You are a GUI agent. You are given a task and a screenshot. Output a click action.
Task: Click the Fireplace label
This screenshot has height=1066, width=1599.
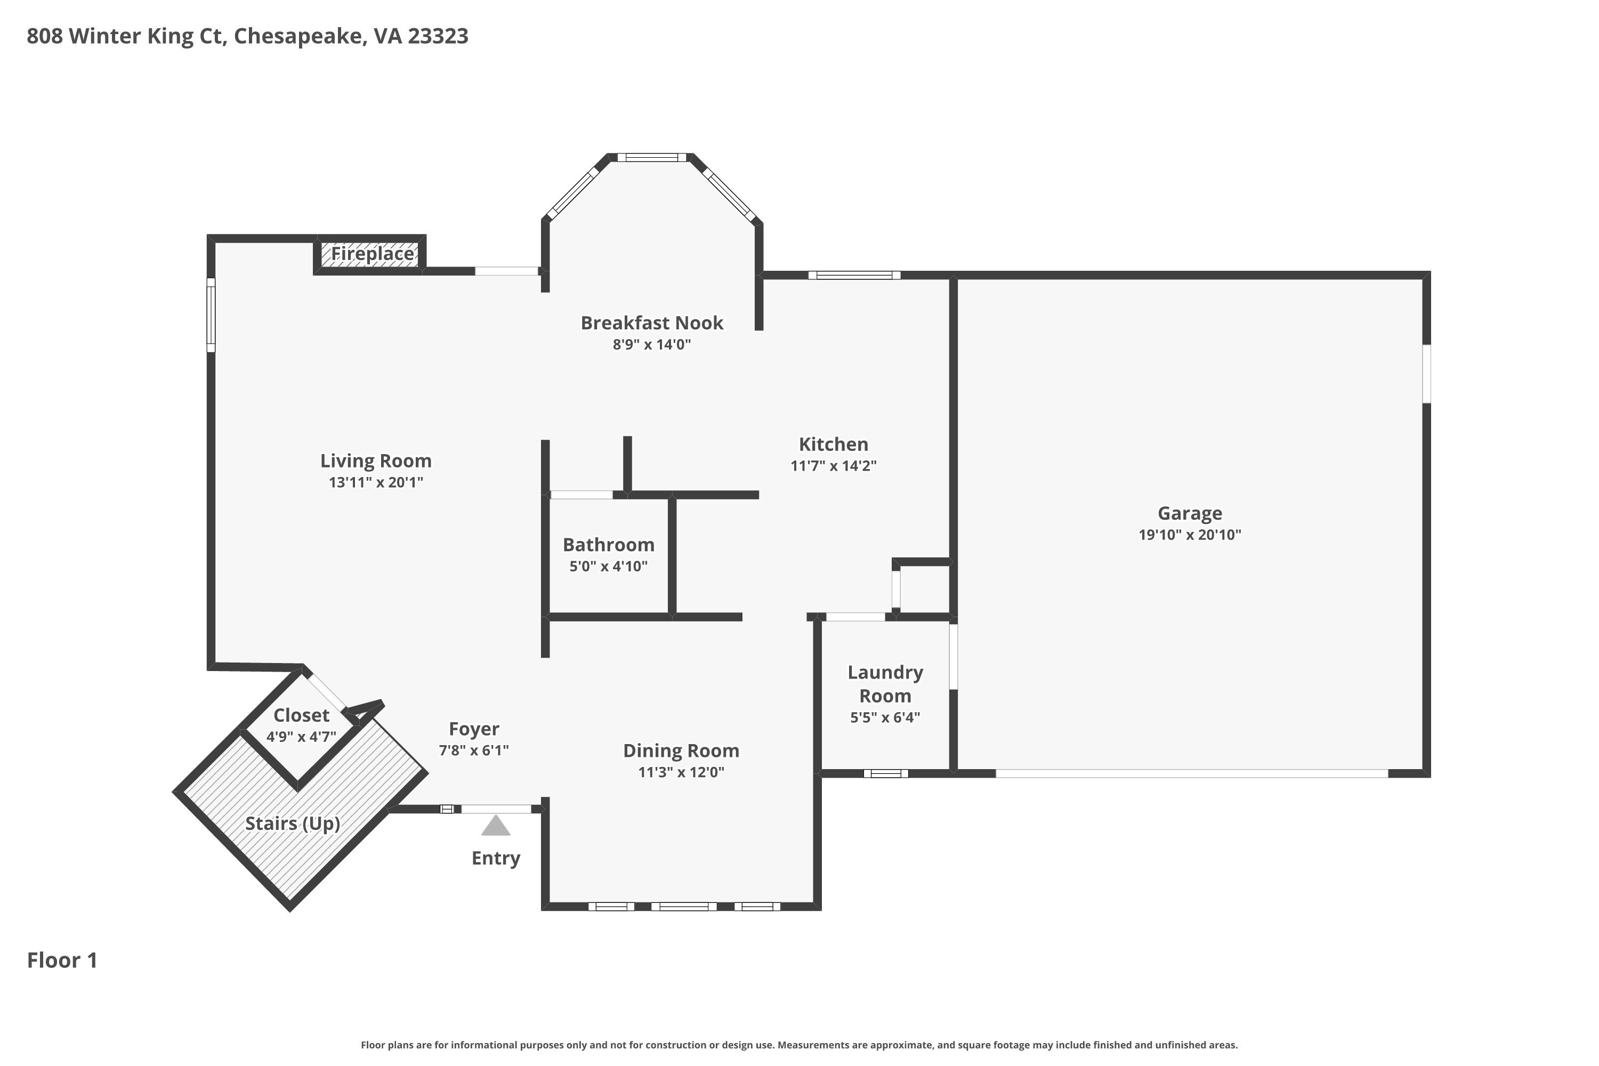[x=372, y=254]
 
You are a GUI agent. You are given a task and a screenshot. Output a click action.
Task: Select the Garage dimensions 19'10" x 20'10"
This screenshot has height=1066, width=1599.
[x=1190, y=535]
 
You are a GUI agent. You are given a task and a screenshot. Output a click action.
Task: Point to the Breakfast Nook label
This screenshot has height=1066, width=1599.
[x=651, y=323]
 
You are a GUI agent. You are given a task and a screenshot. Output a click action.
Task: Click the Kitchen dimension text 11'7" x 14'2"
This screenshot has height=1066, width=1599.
[x=834, y=466]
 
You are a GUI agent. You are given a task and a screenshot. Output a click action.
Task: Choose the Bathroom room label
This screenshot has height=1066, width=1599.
[x=609, y=545]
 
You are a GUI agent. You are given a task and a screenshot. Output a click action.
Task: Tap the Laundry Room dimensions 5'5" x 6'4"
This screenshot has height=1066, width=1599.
[x=885, y=717]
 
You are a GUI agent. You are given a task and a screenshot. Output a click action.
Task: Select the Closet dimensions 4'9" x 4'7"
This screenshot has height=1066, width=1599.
[x=301, y=736]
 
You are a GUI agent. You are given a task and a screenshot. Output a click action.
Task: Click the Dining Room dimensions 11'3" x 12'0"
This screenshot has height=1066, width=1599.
[x=681, y=772]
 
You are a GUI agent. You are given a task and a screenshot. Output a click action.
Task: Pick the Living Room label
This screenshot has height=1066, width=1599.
[x=376, y=461]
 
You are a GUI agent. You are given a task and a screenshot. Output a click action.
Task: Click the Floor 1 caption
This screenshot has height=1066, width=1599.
[x=62, y=960]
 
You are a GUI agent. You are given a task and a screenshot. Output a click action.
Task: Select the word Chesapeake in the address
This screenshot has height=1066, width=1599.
[x=297, y=37]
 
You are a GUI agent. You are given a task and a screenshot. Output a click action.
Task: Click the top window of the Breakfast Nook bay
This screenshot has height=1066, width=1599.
[x=652, y=158]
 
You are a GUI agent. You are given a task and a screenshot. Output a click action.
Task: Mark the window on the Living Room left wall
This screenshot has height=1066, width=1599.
[x=211, y=315]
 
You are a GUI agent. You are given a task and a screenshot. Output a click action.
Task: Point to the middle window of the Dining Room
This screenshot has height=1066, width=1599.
[x=684, y=906]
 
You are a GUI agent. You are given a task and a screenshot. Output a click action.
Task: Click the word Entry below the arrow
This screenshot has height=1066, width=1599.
[x=496, y=859]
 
